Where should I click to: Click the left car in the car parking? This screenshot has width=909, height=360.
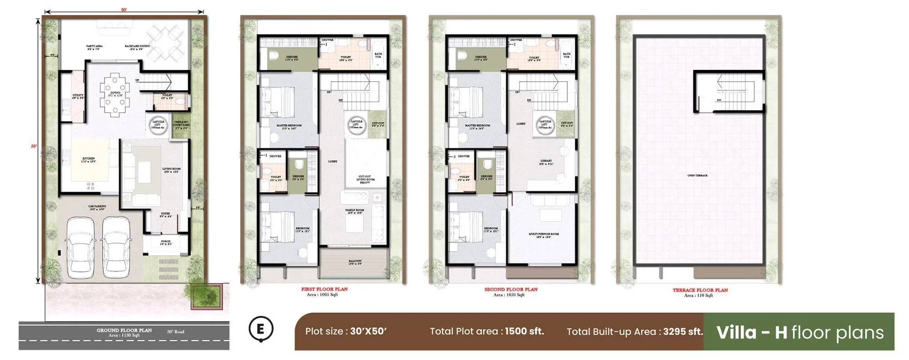coord(80,248)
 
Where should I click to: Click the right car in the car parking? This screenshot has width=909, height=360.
coord(115,248)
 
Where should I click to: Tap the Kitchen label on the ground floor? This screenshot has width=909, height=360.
coord(89,160)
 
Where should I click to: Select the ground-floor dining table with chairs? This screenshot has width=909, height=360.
coord(115,95)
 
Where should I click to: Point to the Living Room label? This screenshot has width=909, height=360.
coord(171,170)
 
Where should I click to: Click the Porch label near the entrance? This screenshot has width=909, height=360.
coord(165,243)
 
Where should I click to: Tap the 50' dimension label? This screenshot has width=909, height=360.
coord(34,146)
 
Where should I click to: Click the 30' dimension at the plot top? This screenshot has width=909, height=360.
coord(124,10)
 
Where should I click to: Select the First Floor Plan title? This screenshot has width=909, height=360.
coord(324,289)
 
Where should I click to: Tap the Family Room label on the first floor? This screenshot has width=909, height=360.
coord(355,211)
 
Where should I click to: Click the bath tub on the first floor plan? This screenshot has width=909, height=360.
coord(378,55)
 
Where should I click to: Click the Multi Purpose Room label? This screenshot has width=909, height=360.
coord(544,235)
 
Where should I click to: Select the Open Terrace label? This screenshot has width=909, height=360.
coord(697,175)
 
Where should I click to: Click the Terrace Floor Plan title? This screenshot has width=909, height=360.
coord(700,290)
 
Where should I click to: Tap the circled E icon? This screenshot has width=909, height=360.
coord(261,329)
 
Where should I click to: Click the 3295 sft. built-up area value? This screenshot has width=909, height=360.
coord(683,331)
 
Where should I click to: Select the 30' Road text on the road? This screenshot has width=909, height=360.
coord(175,332)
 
